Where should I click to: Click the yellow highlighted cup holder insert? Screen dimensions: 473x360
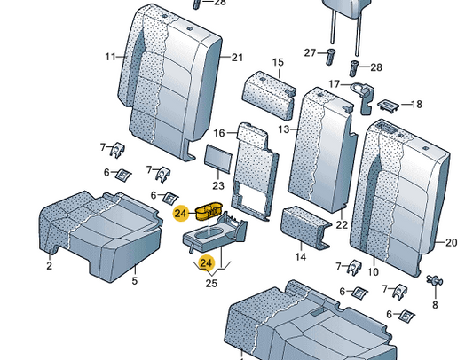(x=209, y=211)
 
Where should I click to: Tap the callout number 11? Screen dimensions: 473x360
(x=111, y=57)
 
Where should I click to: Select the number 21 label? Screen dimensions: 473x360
(x=237, y=58)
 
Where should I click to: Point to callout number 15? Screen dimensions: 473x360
(x=278, y=62)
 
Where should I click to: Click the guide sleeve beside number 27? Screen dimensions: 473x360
(x=330, y=57)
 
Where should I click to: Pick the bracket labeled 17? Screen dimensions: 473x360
(x=365, y=98)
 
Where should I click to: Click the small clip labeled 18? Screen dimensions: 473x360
(x=388, y=106)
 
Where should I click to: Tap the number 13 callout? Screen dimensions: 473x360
(x=284, y=129)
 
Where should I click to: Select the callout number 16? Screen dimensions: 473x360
(x=219, y=133)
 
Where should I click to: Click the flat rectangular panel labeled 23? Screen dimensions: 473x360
(x=218, y=159)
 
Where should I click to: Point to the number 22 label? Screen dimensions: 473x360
(x=342, y=224)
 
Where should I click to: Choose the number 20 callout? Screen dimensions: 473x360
(x=452, y=242)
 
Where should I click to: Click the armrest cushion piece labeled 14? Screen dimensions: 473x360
(x=305, y=227)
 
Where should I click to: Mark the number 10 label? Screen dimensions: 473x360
(x=373, y=271)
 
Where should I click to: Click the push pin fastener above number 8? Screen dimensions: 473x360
(x=434, y=280)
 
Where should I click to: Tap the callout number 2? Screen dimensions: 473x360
(x=49, y=265)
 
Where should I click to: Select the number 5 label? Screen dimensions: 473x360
(x=135, y=280)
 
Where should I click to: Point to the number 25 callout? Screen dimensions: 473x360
(x=211, y=283)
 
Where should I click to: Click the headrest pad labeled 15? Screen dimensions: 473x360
(x=269, y=95)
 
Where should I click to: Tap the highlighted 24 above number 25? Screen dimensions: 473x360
(x=206, y=263)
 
